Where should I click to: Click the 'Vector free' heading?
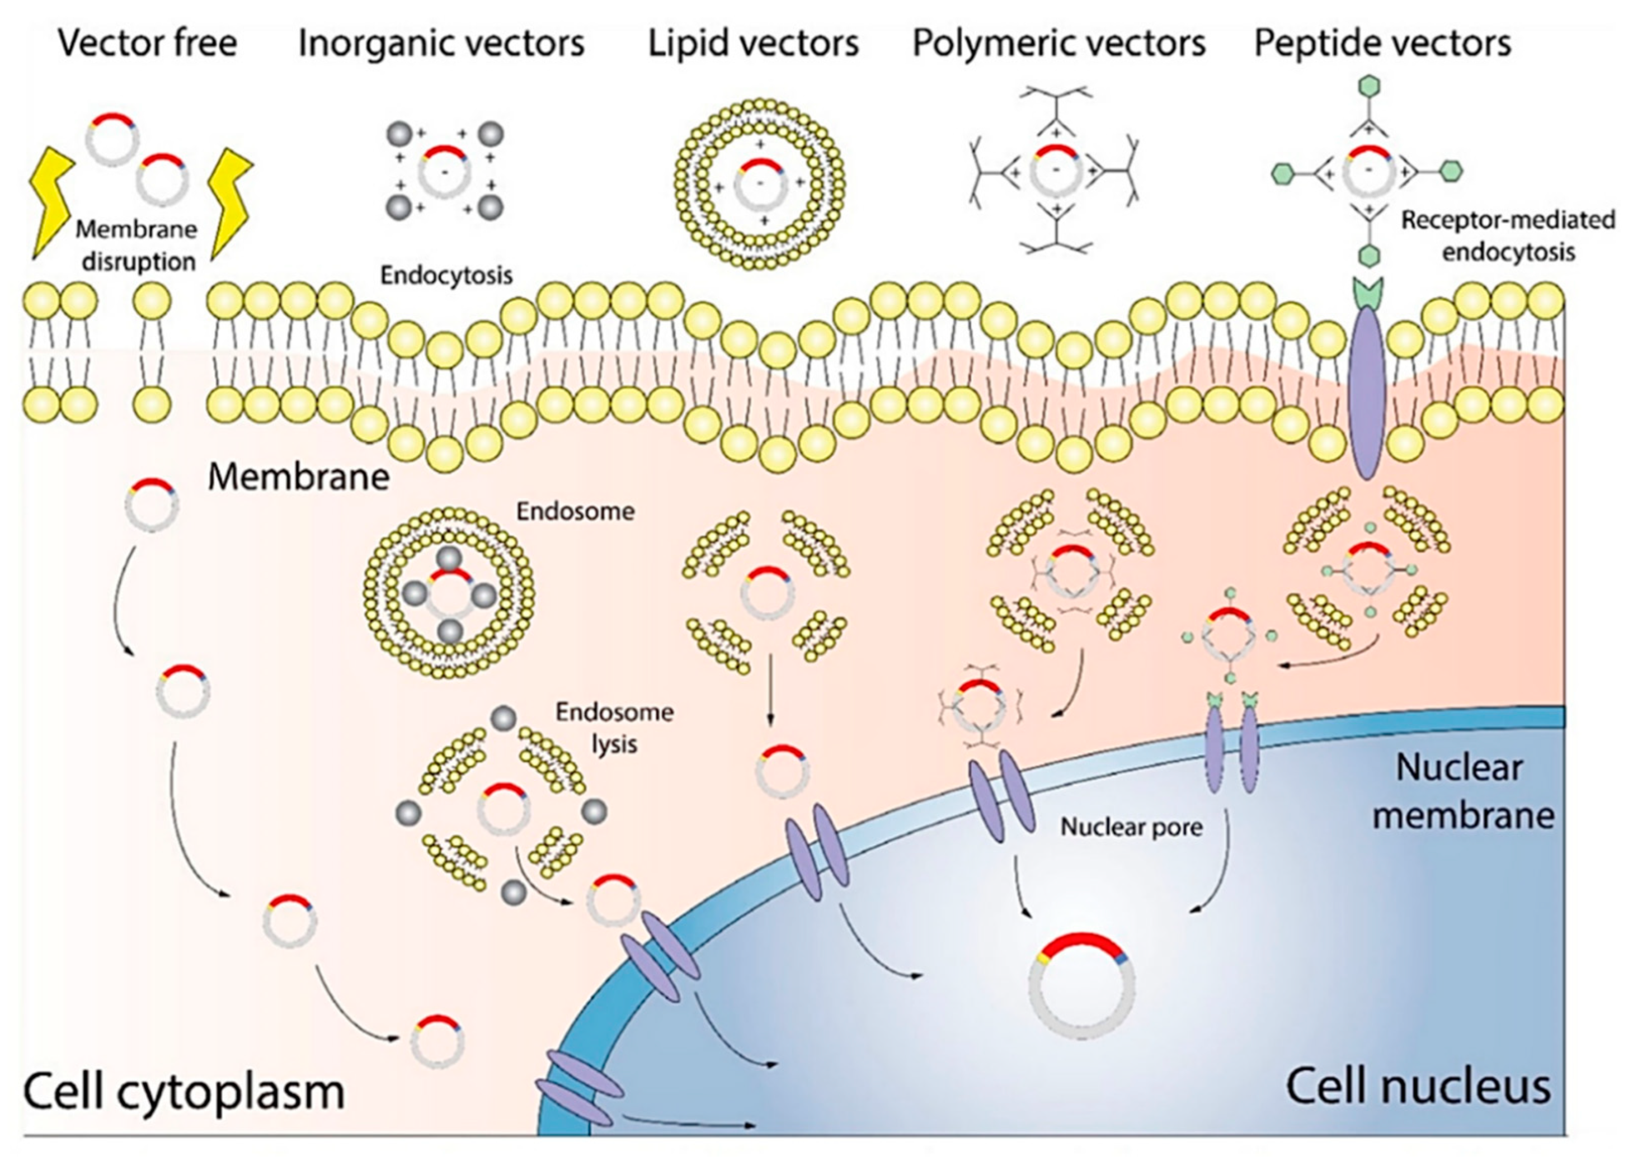tap(147, 43)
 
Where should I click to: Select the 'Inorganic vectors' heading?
tap(441, 43)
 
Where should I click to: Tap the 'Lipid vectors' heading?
tap(753, 43)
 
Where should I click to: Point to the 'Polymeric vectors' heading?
tap(1059, 43)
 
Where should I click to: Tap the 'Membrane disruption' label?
tap(137, 245)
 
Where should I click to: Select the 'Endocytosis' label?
tap(446, 275)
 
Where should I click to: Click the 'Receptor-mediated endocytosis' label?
tap(1507, 236)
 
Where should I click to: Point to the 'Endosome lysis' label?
tap(614, 728)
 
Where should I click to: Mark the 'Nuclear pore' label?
tap(1131, 827)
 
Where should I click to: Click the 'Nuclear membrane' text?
tap(1462, 791)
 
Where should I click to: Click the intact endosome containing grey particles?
tap(449, 593)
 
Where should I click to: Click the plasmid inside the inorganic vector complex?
tap(445, 172)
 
